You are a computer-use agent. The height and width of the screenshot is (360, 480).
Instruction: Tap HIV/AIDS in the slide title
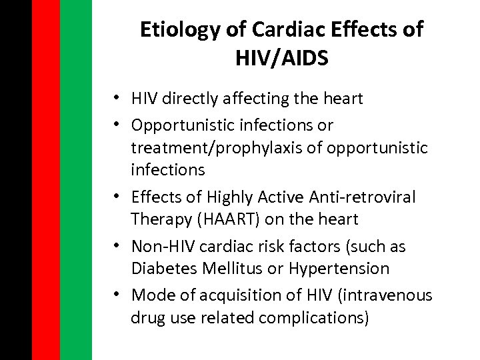(x=281, y=59)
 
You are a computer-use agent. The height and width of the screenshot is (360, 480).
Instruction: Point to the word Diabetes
(x=159, y=269)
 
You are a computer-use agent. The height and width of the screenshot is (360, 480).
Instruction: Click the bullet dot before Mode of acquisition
(x=117, y=294)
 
